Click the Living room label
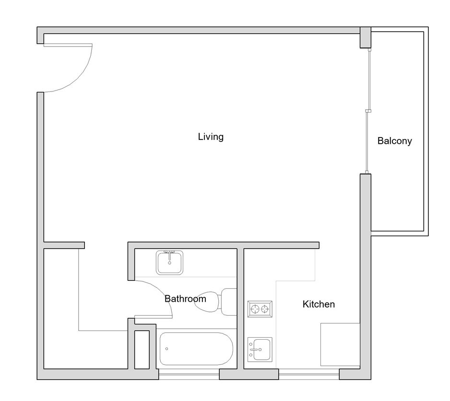tap(211, 137)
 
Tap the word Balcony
tap(395, 141)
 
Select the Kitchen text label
tap(319, 304)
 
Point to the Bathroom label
tap(185, 299)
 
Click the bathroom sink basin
tap(170, 263)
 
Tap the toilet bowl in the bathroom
tap(206, 302)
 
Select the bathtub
tap(196, 349)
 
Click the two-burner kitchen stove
tap(260, 309)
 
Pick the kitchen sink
tap(260, 349)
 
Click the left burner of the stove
tap(255, 309)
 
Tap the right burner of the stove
tap(265, 309)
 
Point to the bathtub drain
tap(167, 349)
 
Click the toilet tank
tap(229, 302)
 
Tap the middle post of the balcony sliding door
tap(368, 111)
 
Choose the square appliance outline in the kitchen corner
tap(340, 344)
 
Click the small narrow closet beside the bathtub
tap(142, 350)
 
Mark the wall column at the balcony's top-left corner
tap(366, 37)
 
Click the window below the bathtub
tap(189, 374)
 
